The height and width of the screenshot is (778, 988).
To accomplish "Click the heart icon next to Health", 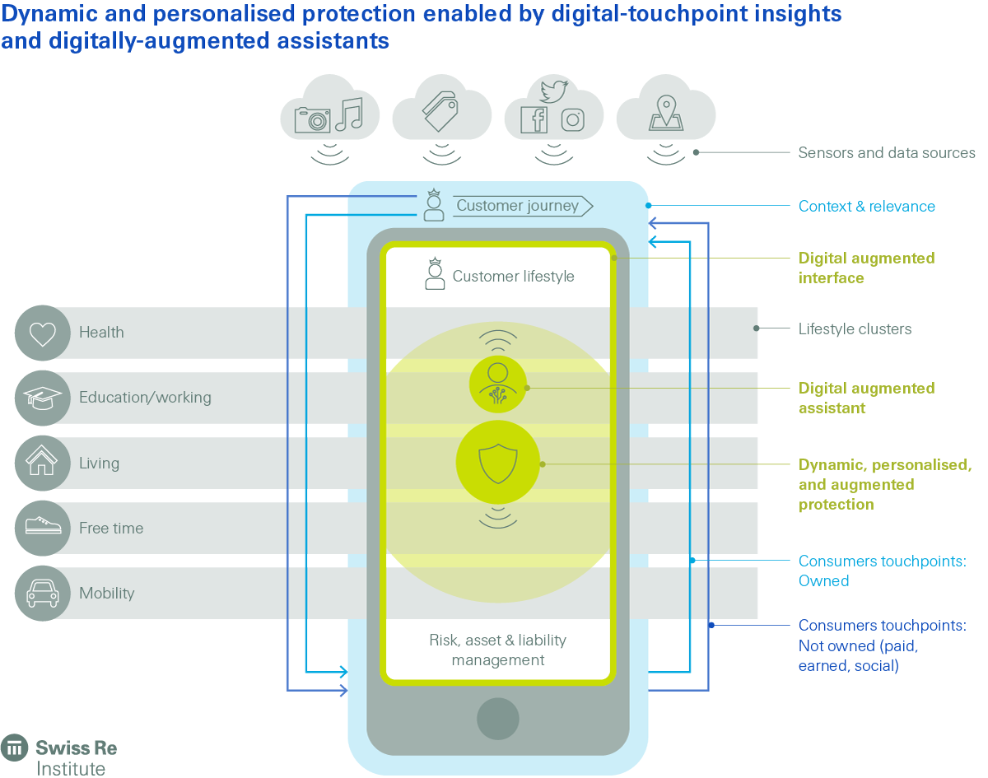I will point(42,333).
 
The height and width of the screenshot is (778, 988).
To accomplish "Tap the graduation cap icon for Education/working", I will point(42,398).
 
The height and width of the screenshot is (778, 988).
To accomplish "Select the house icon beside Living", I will point(42,463).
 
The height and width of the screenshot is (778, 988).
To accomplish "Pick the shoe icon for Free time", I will point(42,528).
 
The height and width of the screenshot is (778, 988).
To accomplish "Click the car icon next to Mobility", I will point(42,593).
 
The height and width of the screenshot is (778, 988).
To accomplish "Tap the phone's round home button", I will point(498,718).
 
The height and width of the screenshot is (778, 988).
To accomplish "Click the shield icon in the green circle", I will point(498,463).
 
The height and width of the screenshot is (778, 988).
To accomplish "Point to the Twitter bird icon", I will point(554,91).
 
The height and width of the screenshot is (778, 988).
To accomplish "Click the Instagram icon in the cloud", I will point(572,119).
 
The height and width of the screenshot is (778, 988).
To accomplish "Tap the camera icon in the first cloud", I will point(312,120).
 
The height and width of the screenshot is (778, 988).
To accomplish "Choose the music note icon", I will point(349,114).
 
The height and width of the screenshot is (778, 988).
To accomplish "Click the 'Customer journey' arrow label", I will point(519,206).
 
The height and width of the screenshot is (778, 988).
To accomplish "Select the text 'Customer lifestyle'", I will point(513,277).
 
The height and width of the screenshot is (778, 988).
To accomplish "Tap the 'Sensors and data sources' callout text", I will point(887,152).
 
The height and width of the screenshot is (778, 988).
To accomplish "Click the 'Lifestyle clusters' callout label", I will point(855,328).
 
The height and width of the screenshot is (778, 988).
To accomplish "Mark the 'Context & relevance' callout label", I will point(866,206).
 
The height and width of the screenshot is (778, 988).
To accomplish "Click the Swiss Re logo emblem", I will point(14,748).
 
